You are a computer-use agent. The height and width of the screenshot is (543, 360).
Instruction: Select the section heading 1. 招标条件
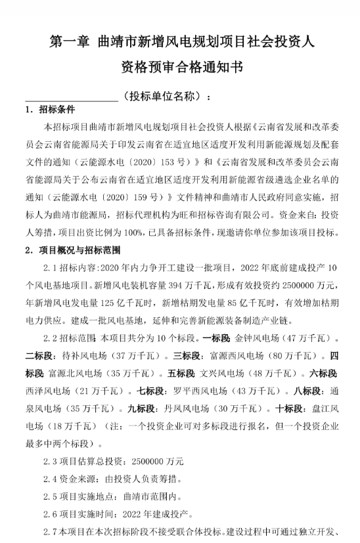pos(50,110)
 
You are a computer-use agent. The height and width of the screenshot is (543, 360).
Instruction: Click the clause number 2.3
pos(51,460)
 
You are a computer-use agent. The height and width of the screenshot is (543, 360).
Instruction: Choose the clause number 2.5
pos(51,496)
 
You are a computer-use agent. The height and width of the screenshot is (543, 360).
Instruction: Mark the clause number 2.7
pos(51,531)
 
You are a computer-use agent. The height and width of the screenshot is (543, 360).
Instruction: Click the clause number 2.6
pos(51,513)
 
